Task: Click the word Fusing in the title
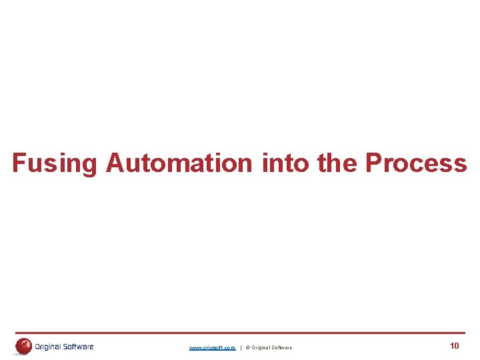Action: pyautogui.click(x=55, y=163)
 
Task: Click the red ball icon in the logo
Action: pyautogui.click(x=24, y=346)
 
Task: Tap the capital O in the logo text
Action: pyautogui.click(x=37, y=347)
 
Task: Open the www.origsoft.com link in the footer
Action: pyautogui.click(x=212, y=348)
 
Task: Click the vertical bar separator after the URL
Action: pyautogui.click(x=241, y=348)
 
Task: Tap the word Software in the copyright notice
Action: pyautogui.click(x=281, y=348)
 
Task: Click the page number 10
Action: pyautogui.click(x=455, y=346)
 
